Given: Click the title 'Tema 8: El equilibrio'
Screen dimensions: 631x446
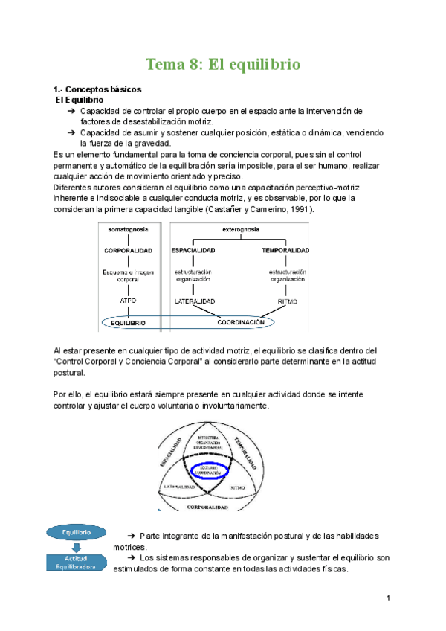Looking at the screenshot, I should pyautogui.click(x=223, y=65).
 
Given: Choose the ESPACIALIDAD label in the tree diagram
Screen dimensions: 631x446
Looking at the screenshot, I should pyautogui.click(x=195, y=250).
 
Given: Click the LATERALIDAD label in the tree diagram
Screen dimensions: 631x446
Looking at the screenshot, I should pyautogui.click(x=195, y=301).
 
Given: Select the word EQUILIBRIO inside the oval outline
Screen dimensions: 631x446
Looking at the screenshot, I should pyautogui.click(x=131, y=324).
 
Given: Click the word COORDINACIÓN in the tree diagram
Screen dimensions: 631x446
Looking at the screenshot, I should pyautogui.click(x=241, y=323).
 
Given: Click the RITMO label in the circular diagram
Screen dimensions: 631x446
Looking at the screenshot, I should pyautogui.click(x=238, y=487).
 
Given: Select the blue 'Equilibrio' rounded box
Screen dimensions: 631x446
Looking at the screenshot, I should pyautogui.click(x=77, y=532).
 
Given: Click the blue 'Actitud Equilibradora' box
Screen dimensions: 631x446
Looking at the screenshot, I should pyautogui.click(x=77, y=563).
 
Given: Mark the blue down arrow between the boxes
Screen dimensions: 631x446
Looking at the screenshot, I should pyautogui.click(x=77, y=547).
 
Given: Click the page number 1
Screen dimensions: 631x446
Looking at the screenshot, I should pyautogui.click(x=389, y=598).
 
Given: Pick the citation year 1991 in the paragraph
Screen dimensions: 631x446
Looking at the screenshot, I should pyautogui.click(x=299, y=209).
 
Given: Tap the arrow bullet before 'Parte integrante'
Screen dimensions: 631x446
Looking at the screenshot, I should pyautogui.click(x=132, y=536).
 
